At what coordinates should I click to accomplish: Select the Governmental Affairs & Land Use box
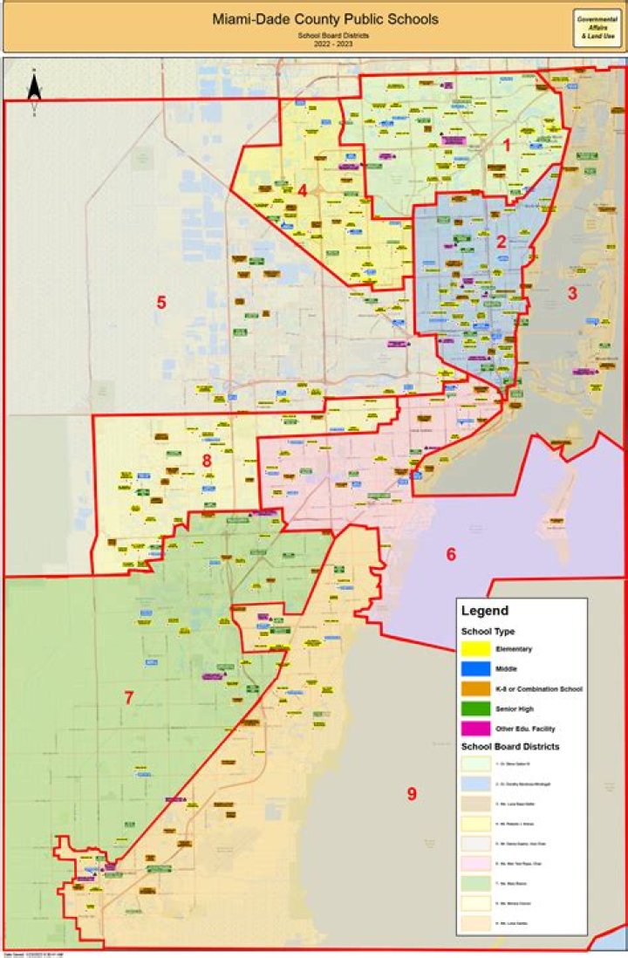point(597,28)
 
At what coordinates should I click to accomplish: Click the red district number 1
point(507,145)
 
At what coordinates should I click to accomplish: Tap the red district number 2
point(502,243)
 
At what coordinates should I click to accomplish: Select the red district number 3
point(573,293)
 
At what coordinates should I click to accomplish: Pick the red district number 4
point(302,190)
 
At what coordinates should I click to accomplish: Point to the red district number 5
point(161,303)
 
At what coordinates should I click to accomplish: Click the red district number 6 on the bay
point(451,554)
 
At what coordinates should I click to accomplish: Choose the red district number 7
point(128,697)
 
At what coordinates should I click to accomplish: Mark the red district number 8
point(207,460)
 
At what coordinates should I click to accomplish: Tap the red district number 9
point(411,793)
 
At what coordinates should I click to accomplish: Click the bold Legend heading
point(484,611)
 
